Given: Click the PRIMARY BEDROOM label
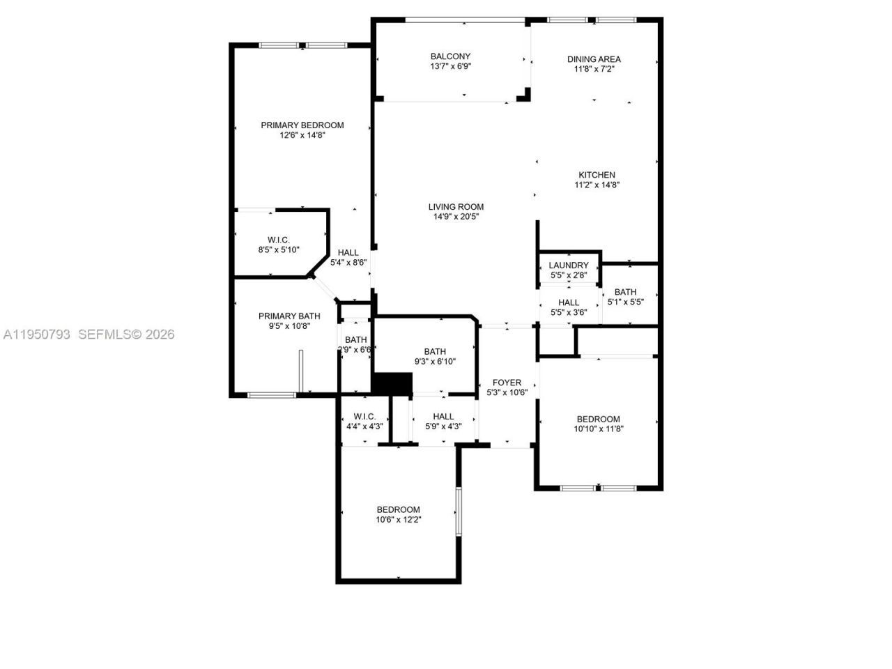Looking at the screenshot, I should pyautogui.click(x=302, y=125).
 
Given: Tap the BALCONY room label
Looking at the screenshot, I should pyautogui.click(x=450, y=56).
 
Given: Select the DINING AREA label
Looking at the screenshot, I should pyautogui.click(x=594, y=59).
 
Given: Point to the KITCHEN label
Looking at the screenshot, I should pyautogui.click(x=597, y=175).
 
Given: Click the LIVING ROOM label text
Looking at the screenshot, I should pyautogui.click(x=456, y=206).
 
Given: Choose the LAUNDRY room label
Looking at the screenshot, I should pyautogui.click(x=569, y=266).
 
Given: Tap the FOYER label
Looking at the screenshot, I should pyautogui.click(x=507, y=383).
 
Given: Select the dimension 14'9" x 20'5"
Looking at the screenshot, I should pyautogui.click(x=456, y=217).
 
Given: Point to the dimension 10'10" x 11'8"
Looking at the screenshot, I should pyautogui.click(x=598, y=429).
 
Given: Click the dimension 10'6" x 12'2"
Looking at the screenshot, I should pyautogui.click(x=399, y=519).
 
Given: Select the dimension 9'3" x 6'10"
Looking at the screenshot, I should pyautogui.click(x=435, y=362).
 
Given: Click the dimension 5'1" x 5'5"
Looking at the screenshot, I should pyautogui.click(x=625, y=302).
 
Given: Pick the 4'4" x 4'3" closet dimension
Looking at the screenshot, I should pyautogui.click(x=364, y=426).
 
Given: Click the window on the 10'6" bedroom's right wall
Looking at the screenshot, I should pyautogui.click(x=459, y=512).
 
